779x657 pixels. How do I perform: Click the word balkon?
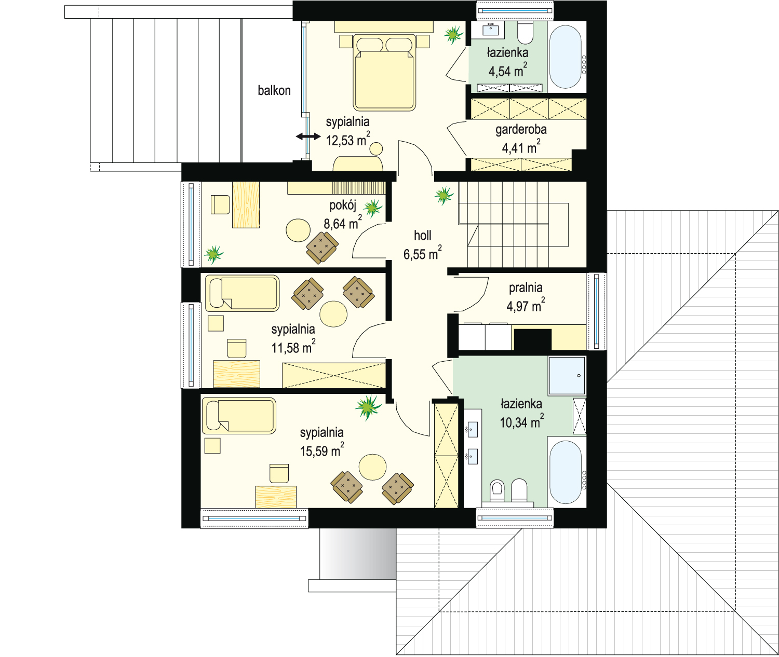(x=274, y=91)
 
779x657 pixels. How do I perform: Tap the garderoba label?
(x=521, y=130)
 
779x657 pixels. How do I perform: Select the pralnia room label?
(x=525, y=288)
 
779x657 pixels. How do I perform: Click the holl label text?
(x=422, y=235)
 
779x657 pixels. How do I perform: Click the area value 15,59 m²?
(x=322, y=450)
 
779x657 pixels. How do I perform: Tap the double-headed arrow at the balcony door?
(x=308, y=136)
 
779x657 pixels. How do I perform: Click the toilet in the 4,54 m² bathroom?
(x=526, y=32)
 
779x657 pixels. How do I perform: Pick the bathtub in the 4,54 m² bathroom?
(x=565, y=56)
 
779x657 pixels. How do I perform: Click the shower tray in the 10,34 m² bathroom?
(x=567, y=376)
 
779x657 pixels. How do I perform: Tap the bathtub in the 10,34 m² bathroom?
(x=565, y=472)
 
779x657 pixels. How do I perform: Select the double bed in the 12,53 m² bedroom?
(x=384, y=72)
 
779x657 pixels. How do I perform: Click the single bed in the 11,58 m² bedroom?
(x=242, y=293)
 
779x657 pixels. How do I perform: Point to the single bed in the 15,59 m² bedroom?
(x=239, y=415)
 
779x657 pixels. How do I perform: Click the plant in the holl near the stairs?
(x=444, y=195)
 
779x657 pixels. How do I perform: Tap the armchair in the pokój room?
(x=322, y=247)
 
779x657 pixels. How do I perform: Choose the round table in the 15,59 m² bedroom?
(x=373, y=467)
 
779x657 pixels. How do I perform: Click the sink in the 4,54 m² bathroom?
(x=490, y=29)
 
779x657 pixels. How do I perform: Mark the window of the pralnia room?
(x=596, y=311)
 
